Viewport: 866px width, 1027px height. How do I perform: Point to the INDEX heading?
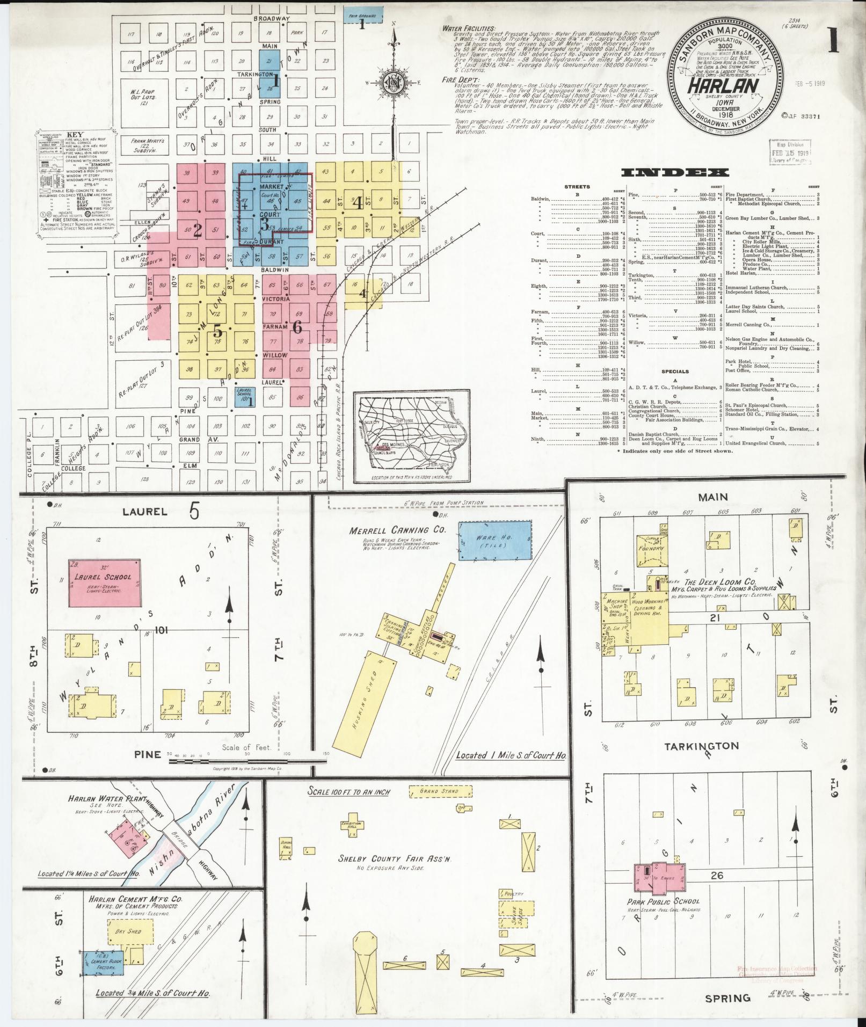pyautogui.click(x=675, y=172)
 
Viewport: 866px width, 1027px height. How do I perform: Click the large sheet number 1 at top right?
pyautogui.click(x=833, y=41)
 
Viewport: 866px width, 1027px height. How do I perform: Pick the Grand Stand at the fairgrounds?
pyautogui.click(x=440, y=792)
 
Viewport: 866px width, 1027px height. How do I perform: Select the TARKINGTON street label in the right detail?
pyautogui.click(x=694, y=746)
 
